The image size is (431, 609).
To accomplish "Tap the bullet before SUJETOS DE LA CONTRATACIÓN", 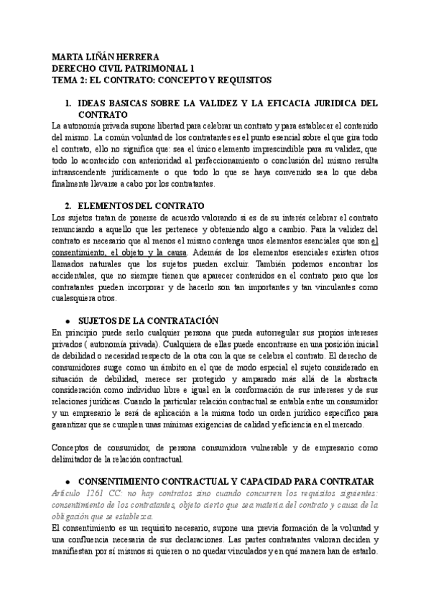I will click(x=68, y=320).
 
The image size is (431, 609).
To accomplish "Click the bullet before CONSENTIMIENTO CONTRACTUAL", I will click(x=68, y=479).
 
